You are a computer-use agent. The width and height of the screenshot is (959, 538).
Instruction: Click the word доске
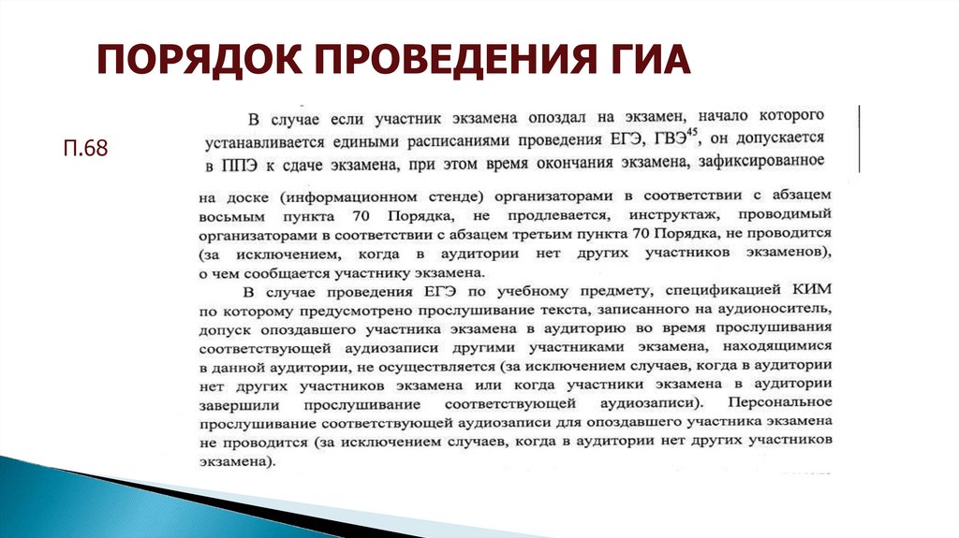point(242,197)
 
